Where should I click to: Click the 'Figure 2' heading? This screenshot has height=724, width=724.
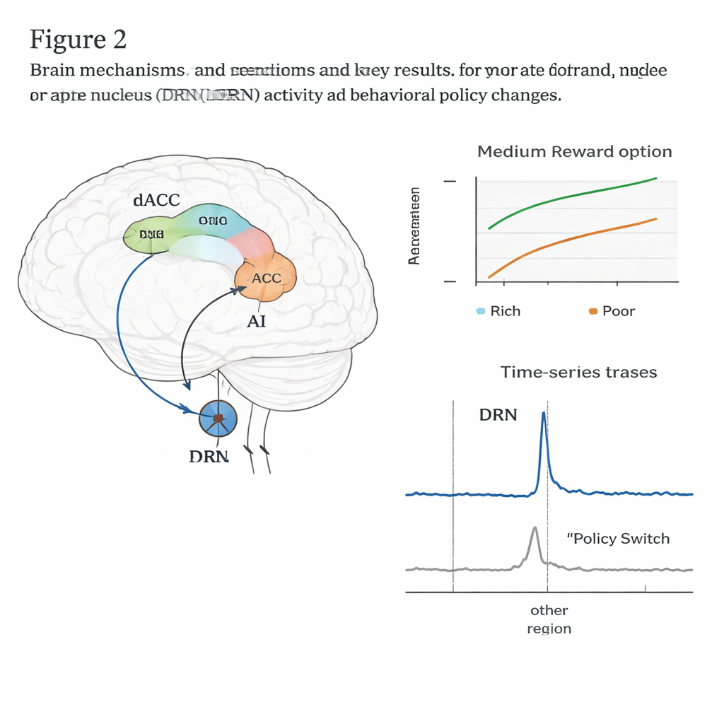(78, 40)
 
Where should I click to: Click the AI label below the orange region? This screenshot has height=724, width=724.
(256, 321)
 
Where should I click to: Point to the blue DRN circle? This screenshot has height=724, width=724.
(218, 419)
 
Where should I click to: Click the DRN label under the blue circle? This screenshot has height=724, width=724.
(209, 456)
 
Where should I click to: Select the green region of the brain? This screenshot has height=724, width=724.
(147, 235)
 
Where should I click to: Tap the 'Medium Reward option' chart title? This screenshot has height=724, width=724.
(574, 152)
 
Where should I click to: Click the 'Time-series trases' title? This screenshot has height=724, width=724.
(578, 372)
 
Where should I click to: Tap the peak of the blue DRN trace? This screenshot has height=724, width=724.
(543, 414)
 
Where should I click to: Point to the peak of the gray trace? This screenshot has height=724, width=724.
(535, 529)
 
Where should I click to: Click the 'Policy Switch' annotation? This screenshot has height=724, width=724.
(618, 539)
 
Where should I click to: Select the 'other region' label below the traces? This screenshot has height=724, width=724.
(549, 619)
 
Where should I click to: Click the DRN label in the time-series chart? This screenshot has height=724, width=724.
(498, 415)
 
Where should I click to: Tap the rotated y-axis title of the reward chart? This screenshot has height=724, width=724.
(415, 226)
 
